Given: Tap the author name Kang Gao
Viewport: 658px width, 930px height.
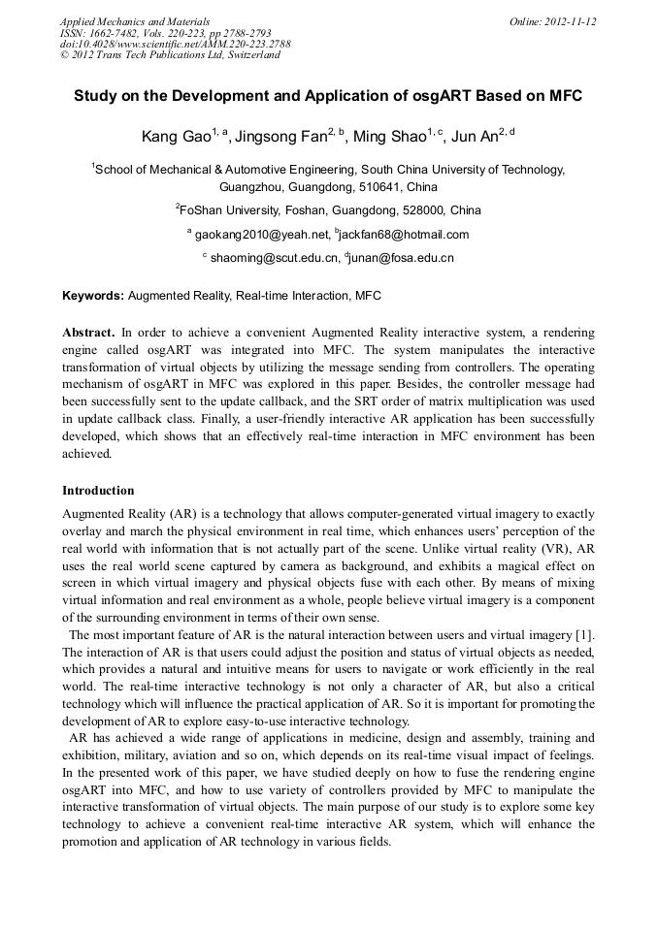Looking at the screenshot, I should [x=170, y=138].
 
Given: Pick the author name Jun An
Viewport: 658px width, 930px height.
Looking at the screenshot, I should [x=477, y=138].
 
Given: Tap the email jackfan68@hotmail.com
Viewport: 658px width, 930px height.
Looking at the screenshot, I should [x=404, y=235].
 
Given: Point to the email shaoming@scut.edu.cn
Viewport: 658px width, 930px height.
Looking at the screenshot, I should [x=275, y=258].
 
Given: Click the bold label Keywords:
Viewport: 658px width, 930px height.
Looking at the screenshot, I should [x=93, y=295].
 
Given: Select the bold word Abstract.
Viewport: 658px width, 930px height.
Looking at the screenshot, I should [x=88, y=332].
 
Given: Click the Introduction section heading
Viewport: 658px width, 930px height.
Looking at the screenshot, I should [x=98, y=491].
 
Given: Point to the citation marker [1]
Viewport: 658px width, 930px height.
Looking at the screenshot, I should [x=584, y=634].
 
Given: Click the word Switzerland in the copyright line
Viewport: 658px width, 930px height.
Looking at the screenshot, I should [x=255, y=55].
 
